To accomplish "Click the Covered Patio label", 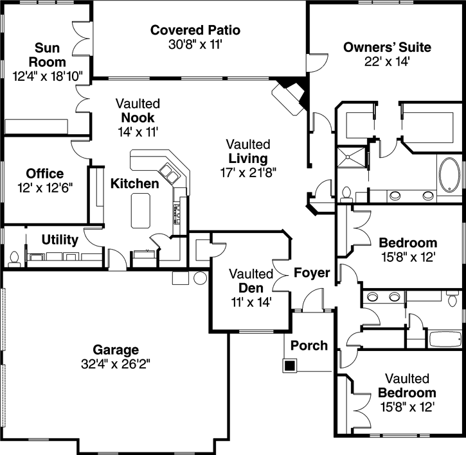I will pyautogui.click(x=195, y=30).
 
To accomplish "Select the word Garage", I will pyautogui.click(x=116, y=350).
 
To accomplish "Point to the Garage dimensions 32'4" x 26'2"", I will pyautogui.click(x=116, y=363).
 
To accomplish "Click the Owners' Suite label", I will pyautogui.click(x=387, y=47).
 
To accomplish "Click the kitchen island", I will pyautogui.click(x=140, y=210).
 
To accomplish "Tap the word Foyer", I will pyautogui.click(x=312, y=273).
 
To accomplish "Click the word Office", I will pyautogui.click(x=45, y=174).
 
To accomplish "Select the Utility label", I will pyautogui.click(x=60, y=240).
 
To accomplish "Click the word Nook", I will pyautogui.click(x=138, y=117).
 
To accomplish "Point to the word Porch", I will pyautogui.click(x=309, y=345).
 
